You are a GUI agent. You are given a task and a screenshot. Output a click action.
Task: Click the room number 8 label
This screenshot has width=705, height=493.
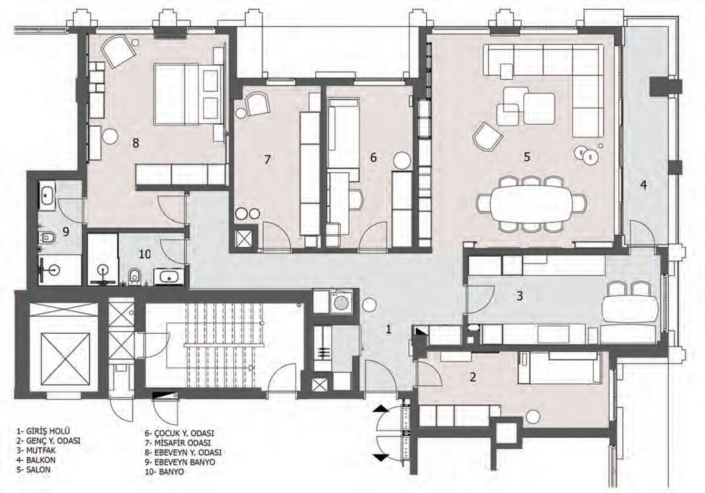tap(136, 143)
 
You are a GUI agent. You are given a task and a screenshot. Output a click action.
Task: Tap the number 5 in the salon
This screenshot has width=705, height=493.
tap(527, 156)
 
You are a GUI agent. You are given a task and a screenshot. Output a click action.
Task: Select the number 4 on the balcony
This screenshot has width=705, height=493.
tap(644, 185)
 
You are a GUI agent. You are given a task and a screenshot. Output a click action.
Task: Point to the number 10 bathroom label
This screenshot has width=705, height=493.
tap(145, 254)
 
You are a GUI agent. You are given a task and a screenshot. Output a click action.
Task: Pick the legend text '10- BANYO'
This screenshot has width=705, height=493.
tap(164, 472)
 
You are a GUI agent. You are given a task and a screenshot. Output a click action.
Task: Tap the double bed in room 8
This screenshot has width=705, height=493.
tap(189, 94)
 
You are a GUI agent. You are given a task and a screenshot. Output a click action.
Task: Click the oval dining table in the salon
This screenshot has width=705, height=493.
tap(532, 203)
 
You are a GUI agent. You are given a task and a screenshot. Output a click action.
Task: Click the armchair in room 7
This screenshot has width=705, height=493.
tap(256, 104)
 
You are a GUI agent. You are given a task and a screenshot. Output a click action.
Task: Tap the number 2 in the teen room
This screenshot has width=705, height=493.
tap(472, 377)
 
